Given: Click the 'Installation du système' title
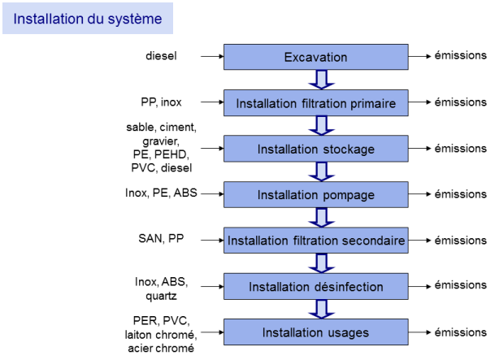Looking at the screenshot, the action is pyautogui.click(x=88, y=19).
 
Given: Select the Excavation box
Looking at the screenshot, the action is pyautogui.click(x=315, y=57).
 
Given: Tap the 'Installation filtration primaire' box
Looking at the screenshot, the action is pyautogui.click(x=315, y=103).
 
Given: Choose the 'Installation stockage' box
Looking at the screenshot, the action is pyautogui.click(x=315, y=149).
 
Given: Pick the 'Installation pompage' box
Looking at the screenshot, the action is pyautogui.click(x=315, y=194).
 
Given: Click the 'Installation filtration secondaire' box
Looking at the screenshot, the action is pyautogui.click(x=315, y=240).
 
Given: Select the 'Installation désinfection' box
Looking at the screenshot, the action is pyautogui.click(x=315, y=286).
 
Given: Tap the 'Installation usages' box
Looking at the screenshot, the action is pyautogui.click(x=315, y=332).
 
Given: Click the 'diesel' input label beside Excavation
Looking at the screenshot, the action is pyautogui.click(x=161, y=56).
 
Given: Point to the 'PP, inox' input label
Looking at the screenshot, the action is pyautogui.click(x=161, y=102).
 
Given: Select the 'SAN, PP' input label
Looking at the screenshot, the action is pyautogui.click(x=161, y=238).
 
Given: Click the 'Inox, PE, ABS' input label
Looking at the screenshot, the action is pyautogui.click(x=161, y=193).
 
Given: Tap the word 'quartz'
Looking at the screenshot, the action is pyautogui.click(x=161, y=297).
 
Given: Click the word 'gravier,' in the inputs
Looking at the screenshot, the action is pyautogui.click(x=161, y=141).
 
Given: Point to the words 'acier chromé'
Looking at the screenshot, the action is pyautogui.click(x=161, y=349).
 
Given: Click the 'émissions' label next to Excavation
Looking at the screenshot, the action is pyautogui.click(x=460, y=55).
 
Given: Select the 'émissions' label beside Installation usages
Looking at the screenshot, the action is pyautogui.click(x=460, y=332).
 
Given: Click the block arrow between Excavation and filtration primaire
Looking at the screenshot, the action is pyautogui.click(x=321, y=80).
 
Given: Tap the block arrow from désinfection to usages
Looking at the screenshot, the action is pyautogui.click(x=321, y=309).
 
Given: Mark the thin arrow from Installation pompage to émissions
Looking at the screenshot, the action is pyautogui.click(x=419, y=194).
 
